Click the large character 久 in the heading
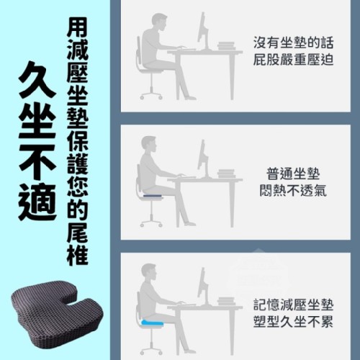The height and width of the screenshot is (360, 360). click(x=37, y=80)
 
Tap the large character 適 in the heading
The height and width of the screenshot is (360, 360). click(x=37, y=202)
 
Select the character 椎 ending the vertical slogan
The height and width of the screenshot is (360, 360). click(x=77, y=253)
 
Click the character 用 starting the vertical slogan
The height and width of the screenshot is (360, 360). click(x=77, y=28)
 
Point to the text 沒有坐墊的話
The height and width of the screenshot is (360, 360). click(x=293, y=42)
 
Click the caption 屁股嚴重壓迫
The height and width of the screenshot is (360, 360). click(x=293, y=60)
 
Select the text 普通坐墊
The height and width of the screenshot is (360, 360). click(x=293, y=174)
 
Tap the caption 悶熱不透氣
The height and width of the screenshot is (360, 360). click(x=293, y=191)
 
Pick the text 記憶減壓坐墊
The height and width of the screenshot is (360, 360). click(x=293, y=305)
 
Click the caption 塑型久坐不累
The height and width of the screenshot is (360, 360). click(x=293, y=322)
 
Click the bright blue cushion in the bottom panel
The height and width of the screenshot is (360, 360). click(x=153, y=323)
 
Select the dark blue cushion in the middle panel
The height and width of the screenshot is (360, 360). click(x=153, y=197)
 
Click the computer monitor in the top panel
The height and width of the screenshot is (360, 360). click(x=204, y=31)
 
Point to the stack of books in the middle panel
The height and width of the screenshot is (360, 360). click(x=226, y=174)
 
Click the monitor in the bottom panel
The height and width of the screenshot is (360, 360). click(x=204, y=286)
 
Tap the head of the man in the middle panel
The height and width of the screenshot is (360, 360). click(x=149, y=144)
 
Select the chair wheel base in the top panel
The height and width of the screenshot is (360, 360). click(x=151, y=95)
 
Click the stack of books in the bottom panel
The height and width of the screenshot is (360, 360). click(x=226, y=302)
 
